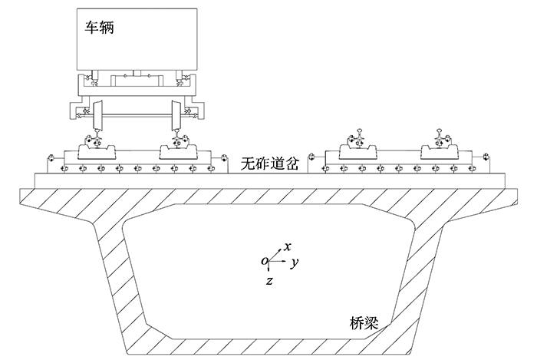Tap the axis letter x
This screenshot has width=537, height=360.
pos(286,246)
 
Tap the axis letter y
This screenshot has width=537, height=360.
pos(295,263)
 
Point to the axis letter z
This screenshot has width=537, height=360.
pos(269,280)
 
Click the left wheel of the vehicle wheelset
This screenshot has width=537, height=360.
pos(97,116)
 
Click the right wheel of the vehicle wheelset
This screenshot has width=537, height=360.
pos(176,116)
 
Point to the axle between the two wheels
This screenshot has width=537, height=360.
pos(137,117)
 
